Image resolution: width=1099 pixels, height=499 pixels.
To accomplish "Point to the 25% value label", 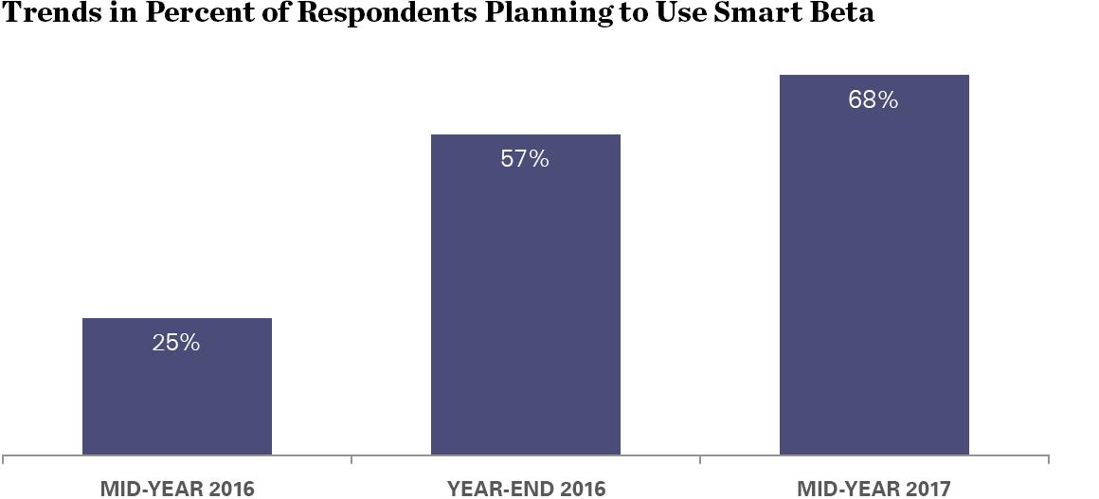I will click(x=176, y=343).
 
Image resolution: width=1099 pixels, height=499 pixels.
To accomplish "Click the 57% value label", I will click(x=525, y=159).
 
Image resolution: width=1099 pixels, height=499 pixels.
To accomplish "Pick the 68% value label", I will click(x=874, y=100).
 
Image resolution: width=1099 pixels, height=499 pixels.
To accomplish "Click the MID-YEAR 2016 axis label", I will click(x=177, y=489).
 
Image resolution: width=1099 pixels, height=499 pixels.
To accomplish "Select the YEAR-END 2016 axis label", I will click(x=526, y=489).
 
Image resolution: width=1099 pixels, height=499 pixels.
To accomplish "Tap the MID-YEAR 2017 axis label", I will click(x=874, y=489).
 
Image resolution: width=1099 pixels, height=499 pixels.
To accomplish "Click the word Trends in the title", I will click(x=48, y=18).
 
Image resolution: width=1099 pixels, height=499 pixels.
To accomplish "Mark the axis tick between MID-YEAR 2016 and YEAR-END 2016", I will click(x=351, y=460).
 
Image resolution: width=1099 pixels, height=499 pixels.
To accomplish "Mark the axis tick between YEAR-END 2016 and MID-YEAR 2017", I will click(x=700, y=460).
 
